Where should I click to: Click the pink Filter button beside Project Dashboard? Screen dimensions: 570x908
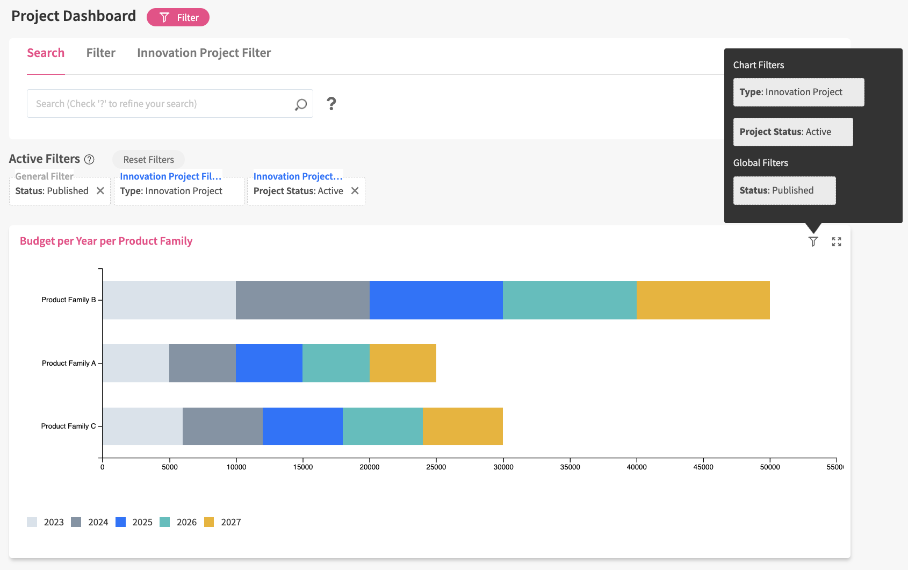coord(178,18)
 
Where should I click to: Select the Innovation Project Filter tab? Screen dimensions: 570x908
coord(204,53)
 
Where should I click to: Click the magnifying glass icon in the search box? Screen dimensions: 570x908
coord(301,104)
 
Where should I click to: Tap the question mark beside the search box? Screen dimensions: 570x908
coord(332,104)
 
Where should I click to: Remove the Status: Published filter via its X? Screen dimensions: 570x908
coord(100,191)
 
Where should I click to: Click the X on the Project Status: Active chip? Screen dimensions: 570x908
coord(355,191)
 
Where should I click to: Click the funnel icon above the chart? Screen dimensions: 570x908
coord(813,241)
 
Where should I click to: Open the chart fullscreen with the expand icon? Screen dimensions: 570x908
coord(837,242)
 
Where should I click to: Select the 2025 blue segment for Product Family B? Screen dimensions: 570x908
coord(436,300)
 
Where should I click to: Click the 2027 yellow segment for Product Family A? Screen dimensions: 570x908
coord(402,363)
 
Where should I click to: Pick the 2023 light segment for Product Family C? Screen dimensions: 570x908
coord(142,426)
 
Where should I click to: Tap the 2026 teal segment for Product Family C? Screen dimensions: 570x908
coord(383,426)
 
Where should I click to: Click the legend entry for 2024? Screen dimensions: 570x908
coord(90,522)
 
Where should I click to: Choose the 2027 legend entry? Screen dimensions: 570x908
coord(222,522)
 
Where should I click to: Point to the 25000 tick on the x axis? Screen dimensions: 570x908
coord(436,467)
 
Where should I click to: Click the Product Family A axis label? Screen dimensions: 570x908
coord(69,364)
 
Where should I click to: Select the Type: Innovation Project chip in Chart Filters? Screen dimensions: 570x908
coord(798,92)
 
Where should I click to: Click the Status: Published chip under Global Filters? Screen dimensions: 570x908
coord(784,190)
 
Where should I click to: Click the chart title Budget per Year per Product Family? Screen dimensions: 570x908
coord(106,241)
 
